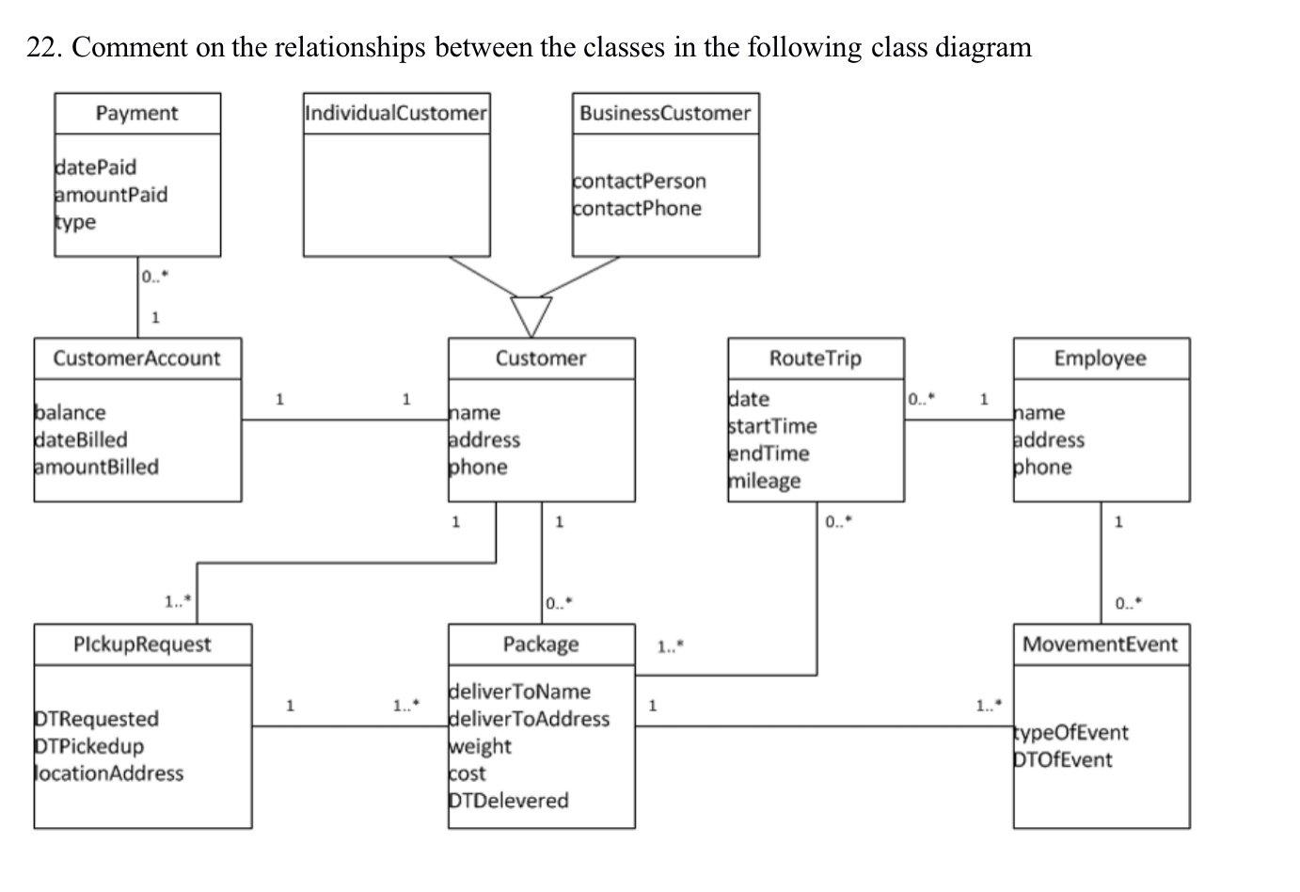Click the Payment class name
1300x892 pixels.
pos(136,113)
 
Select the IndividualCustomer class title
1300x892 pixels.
pos(396,113)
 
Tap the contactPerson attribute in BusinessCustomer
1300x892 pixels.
pos(640,181)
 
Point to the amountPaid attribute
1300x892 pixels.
pos(111,195)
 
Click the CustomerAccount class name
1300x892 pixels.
pos(136,358)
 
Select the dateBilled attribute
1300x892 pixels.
pos(81,439)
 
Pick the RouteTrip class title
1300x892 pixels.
pos(815,358)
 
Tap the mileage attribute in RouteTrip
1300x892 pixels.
pos(766,481)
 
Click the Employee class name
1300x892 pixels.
pos(1100,358)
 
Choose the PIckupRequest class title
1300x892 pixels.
pos(142,645)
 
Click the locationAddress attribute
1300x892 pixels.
pos(109,773)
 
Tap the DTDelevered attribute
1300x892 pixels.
pos(510,801)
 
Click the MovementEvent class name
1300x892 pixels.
pos(1100,645)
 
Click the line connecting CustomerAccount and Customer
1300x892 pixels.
pos(343,419)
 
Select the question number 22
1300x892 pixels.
pos(43,47)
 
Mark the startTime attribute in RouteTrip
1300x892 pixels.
pos(773,426)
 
